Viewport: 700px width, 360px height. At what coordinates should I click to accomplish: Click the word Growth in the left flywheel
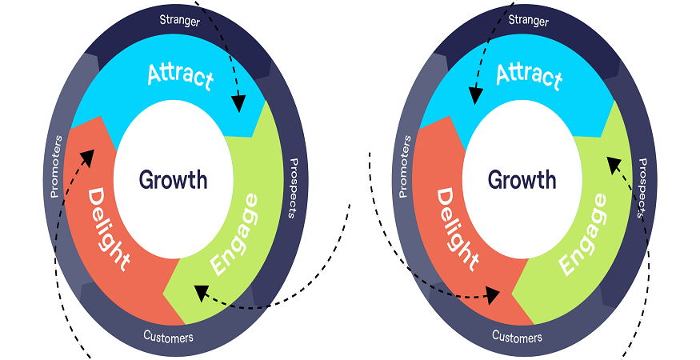click(x=173, y=179)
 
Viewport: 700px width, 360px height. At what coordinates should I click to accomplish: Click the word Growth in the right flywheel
click(x=522, y=179)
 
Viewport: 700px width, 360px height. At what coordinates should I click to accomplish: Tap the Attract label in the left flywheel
click(x=181, y=76)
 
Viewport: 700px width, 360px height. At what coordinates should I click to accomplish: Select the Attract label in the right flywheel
click(x=529, y=76)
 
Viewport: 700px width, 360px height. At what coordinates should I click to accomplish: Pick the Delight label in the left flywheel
click(x=109, y=228)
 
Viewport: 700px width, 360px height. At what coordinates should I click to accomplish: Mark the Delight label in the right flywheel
click(x=458, y=228)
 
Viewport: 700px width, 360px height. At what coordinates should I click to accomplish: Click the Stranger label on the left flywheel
click(x=179, y=20)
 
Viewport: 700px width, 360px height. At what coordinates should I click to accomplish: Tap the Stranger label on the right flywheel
click(x=528, y=20)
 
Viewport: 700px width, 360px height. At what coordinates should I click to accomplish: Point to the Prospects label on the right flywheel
click(x=641, y=187)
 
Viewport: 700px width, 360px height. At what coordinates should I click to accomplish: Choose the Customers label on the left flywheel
click(x=168, y=337)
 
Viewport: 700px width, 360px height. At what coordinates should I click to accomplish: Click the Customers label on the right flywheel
click(x=517, y=337)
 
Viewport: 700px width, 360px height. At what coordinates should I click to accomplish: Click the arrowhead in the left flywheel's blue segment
click(x=238, y=103)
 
